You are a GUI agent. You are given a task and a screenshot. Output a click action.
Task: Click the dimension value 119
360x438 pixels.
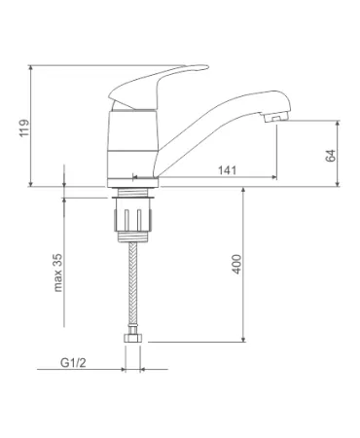[24, 128]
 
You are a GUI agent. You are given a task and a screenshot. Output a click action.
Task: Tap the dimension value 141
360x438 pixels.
[227, 170]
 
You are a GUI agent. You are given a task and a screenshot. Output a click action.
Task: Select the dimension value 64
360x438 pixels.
[331, 156]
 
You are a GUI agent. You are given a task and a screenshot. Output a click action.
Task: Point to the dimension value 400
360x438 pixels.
[237, 264]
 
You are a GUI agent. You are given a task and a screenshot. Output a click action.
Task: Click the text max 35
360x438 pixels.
[57, 273]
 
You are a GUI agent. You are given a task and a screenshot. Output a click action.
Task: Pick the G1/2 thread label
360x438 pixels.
[73, 363]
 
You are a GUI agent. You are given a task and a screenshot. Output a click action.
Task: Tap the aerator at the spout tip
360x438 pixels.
[276, 118]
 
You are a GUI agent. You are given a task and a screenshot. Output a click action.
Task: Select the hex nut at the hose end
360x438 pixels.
[133, 338]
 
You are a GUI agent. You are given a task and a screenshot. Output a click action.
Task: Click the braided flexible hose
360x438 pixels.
[133, 285]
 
